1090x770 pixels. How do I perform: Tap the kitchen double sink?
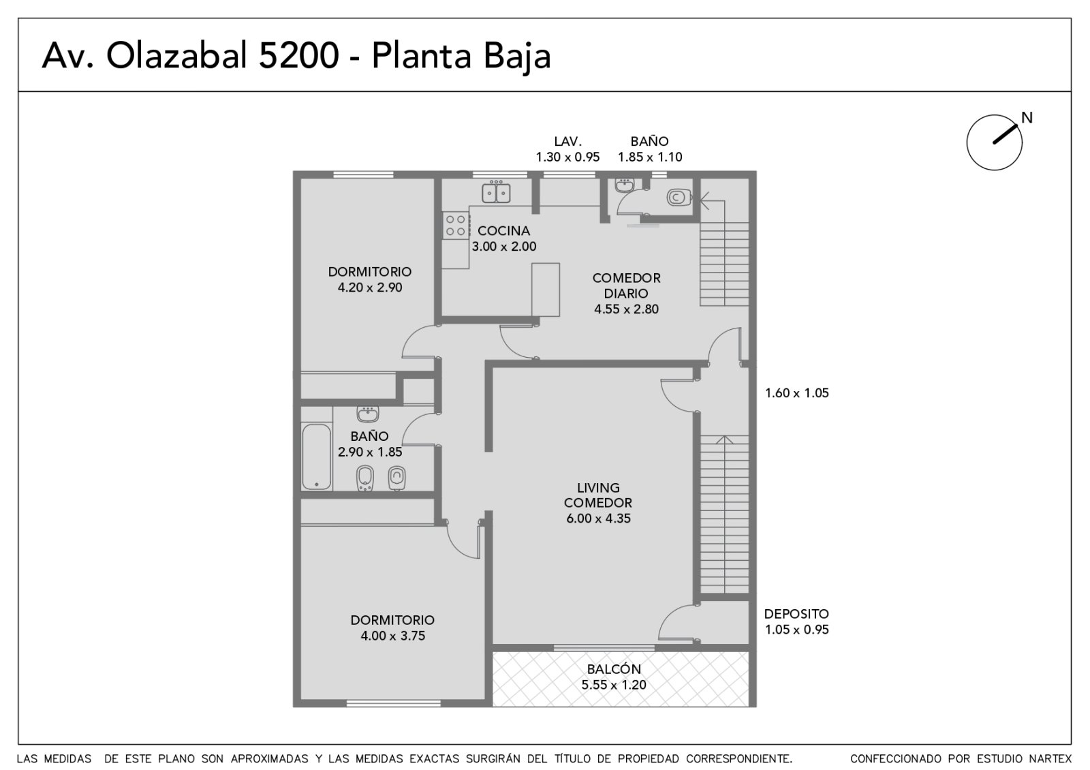click(496, 192)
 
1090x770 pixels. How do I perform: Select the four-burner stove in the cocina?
click(456, 226)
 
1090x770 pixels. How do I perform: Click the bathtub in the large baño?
click(316, 457)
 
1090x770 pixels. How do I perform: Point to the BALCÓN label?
click(614, 669)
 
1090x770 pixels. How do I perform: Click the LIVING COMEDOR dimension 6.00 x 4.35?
click(598, 519)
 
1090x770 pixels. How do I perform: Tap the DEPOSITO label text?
click(796, 614)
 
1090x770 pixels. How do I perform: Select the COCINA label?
click(503, 231)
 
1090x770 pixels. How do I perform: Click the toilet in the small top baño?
click(679, 197)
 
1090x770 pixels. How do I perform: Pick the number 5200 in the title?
click(298, 55)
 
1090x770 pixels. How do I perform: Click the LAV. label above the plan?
click(567, 141)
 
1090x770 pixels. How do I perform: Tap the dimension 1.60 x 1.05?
click(796, 392)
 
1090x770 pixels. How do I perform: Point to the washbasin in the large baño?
click(367, 414)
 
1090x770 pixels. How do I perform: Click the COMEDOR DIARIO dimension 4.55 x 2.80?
click(626, 309)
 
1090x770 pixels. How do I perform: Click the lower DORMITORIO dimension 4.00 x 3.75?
click(392, 636)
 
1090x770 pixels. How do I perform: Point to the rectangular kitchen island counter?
click(545, 290)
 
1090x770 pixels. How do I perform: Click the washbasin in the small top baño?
click(624, 185)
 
